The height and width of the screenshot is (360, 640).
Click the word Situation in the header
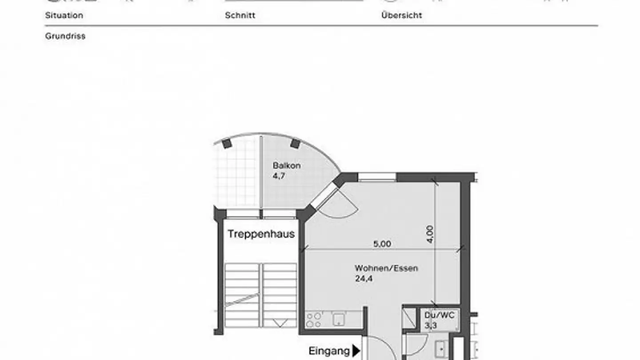tap(64, 15)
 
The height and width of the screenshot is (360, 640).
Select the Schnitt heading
tap(240, 15)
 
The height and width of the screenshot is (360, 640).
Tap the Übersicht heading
tap(401, 15)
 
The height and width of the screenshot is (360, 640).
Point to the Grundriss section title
tap(65, 36)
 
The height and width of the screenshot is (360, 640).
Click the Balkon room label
tap(287, 166)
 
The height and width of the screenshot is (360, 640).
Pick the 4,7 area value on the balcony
tap(279, 176)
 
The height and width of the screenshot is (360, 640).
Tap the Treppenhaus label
tap(261, 234)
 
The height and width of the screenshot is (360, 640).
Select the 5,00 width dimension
tap(382, 244)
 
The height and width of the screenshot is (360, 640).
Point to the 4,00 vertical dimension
tap(430, 234)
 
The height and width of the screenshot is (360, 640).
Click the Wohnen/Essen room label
tap(386, 268)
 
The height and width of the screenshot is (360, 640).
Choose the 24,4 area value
tap(364, 279)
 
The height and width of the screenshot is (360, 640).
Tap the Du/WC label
tap(439, 315)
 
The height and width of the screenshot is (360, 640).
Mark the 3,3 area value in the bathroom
tap(430, 325)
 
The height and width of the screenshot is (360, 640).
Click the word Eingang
tap(329, 351)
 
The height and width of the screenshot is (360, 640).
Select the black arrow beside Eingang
tap(356, 351)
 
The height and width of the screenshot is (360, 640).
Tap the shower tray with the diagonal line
tap(409, 318)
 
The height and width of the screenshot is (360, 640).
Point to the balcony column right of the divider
tap(295, 144)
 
